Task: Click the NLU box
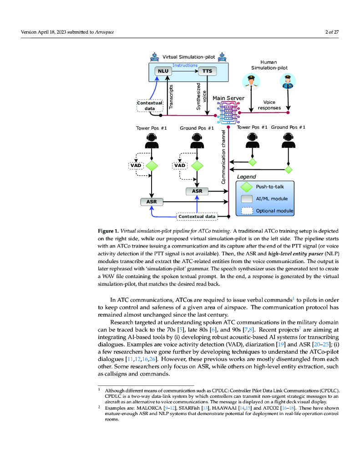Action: click(x=162, y=71)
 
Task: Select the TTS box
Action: click(x=207, y=71)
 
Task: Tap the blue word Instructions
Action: click(x=185, y=66)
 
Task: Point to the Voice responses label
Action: click(x=269, y=105)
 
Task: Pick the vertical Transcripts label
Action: click(x=172, y=96)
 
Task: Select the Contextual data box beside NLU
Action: click(x=149, y=106)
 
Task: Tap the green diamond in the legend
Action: click(x=246, y=187)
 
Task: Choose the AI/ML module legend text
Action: click(x=272, y=199)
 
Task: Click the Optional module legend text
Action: click(x=274, y=211)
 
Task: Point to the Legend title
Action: click(x=246, y=177)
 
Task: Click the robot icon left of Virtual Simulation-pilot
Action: click(x=155, y=57)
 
